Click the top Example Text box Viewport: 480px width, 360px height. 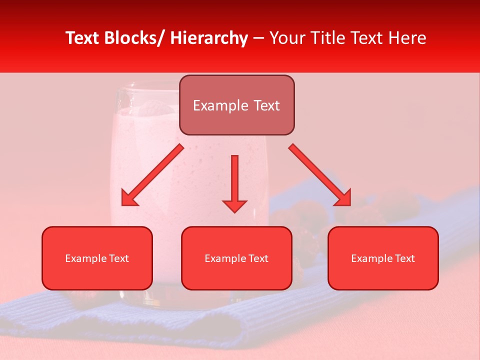click(x=236, y=105)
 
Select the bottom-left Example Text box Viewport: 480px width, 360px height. click(x=97, y=258)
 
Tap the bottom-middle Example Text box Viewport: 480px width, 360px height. click(x=236, y=258)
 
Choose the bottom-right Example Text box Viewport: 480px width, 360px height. click(x=383, y=258)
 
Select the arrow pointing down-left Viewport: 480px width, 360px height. click(x=153, y=175)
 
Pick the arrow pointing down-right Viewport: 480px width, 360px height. click(x=319, y=174)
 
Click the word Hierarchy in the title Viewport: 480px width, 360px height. click(x=208, y=38)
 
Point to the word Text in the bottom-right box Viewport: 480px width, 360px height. click(x=404, y=258)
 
